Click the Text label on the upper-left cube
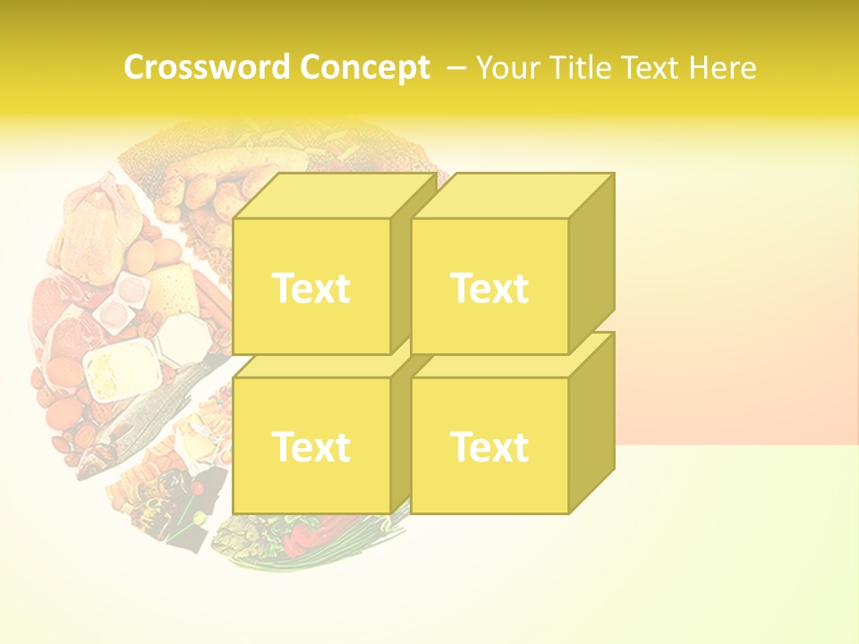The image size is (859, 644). pos(310,288)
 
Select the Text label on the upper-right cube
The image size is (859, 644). pos(489,288)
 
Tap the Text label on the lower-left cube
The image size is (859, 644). pos(310,446)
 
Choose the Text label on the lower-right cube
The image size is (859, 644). pos(489,446)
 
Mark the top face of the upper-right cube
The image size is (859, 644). pos(512,196)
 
